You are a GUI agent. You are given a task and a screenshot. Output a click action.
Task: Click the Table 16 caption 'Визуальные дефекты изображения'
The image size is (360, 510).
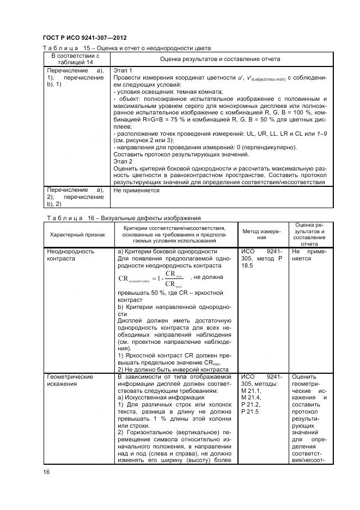click(121, 218)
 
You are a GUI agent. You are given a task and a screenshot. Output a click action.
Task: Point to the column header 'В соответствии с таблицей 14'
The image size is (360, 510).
click(75, 59)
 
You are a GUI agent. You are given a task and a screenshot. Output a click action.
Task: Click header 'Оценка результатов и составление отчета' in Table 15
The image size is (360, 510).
click(220, 59)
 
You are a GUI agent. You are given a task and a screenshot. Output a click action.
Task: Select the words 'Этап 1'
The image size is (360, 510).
click(123, 71)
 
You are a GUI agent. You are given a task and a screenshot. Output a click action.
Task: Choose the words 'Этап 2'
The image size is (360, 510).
click(123, 162)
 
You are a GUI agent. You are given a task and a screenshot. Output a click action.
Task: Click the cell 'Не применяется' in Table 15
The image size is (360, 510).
click(136, 191)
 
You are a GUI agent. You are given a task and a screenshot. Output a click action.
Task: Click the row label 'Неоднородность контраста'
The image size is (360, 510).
click(71, 255)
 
